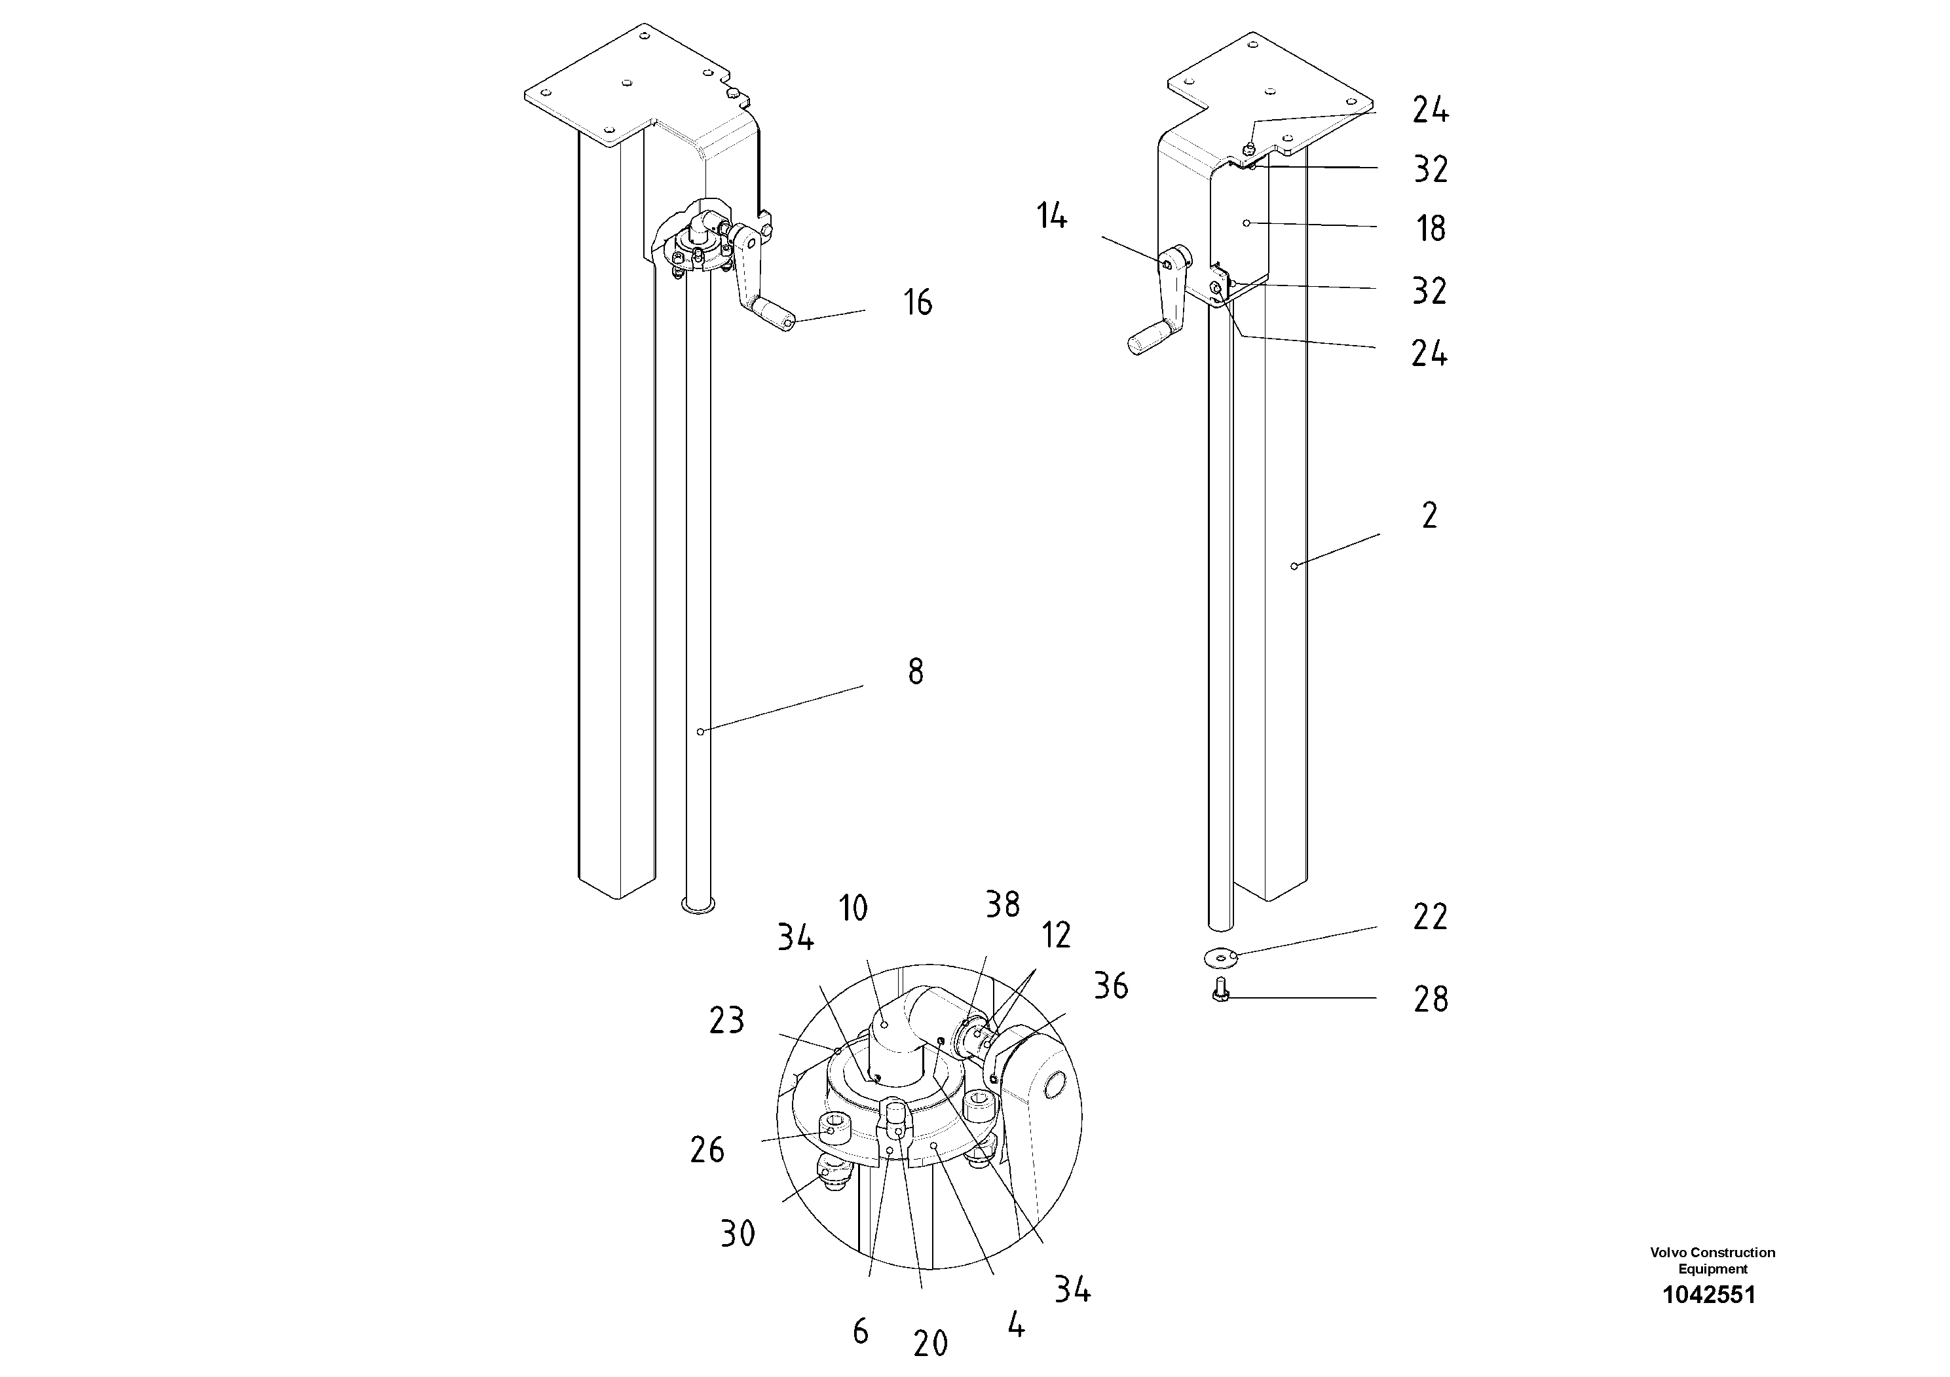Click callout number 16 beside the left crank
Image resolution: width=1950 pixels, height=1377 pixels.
pos(917,303)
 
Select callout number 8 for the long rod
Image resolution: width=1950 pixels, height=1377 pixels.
pos(914,672)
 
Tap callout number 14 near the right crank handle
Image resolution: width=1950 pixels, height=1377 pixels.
pos(1051,217)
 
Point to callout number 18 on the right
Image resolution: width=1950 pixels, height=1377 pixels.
pos(1430,229)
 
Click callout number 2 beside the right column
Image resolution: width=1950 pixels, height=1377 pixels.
pos(1429,516)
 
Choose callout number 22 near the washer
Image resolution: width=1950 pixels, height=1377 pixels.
pos(1429,917)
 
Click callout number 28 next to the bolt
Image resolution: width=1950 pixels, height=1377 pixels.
pos(1429,999)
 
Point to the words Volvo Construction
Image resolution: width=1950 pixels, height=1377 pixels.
pos(1712,1252)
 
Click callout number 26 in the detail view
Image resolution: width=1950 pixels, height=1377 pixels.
pos(707,1150)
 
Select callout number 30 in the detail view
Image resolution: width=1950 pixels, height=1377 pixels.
pos(737,1234)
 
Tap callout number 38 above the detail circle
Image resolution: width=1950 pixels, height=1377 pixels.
pos(1002,905)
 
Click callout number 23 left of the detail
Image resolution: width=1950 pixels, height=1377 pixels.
pos(726,1020)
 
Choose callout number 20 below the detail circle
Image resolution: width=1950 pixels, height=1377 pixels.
pos(930,1343)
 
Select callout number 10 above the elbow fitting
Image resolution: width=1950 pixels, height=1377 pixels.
pos(853,908)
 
